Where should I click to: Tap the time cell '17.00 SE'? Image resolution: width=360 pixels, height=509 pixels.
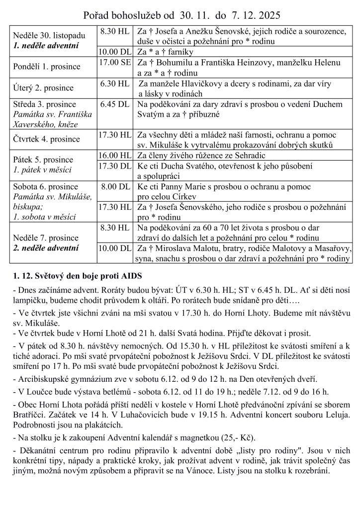coord(115,63)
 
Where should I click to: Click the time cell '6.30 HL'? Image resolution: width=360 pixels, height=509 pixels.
coord(115,84)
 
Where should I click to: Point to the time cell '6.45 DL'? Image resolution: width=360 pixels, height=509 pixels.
coord(115,104)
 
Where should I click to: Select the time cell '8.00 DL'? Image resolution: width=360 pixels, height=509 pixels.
coord(115,187)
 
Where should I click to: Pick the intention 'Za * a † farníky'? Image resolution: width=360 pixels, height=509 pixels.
coord(165,52)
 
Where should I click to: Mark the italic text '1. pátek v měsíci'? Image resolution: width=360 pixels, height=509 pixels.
coord(42,170)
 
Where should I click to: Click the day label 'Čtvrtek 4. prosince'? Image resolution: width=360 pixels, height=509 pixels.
coord(44,139)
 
